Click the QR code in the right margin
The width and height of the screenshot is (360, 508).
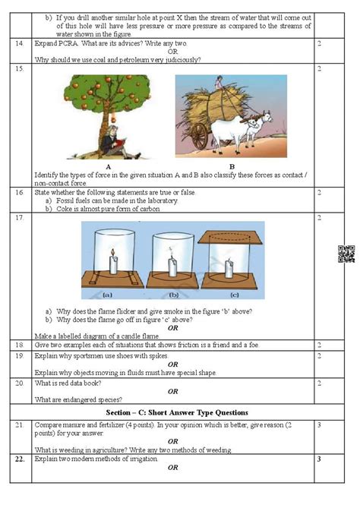pos(346,254)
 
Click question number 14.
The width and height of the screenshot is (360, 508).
pos(18,44)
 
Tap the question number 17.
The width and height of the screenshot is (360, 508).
pos(18,218)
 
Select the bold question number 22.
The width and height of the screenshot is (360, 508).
pos(20,459)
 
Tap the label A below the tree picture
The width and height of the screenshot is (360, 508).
pos(109,166)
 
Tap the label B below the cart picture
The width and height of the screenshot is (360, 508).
pos(232,166)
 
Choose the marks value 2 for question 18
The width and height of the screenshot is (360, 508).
pos(319,345)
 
